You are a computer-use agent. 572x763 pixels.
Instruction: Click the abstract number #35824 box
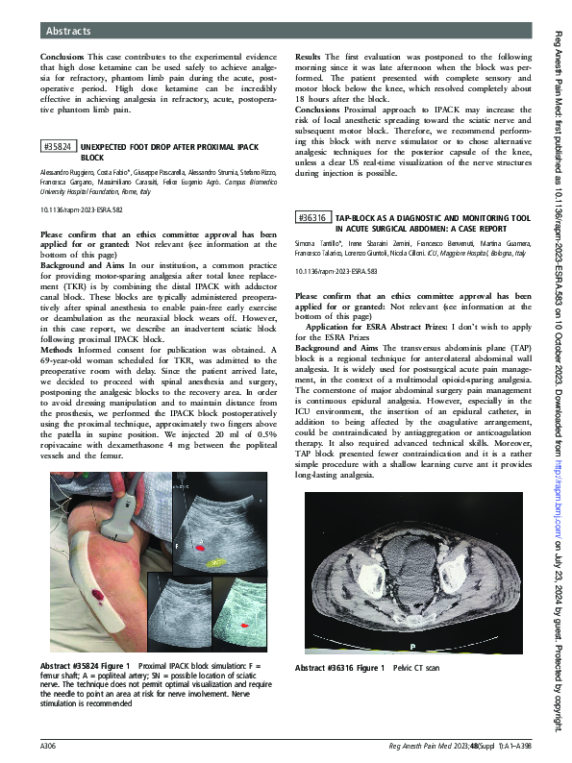[x=58, y=146]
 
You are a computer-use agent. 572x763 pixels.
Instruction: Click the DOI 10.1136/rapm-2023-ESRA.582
[x=83, y=208]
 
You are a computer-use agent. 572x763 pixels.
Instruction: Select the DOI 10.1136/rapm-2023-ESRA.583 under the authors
[x=336, y=270]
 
